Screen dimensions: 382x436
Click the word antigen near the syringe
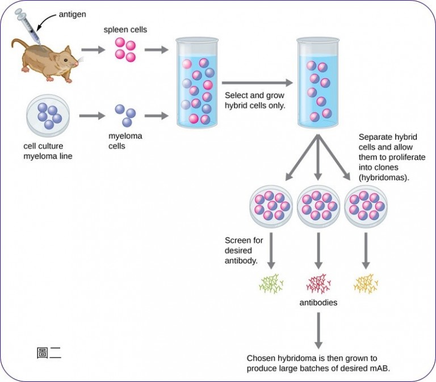pos(72,14)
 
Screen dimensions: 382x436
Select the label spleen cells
pos(125,29)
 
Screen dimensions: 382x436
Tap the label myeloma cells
pos(125,141)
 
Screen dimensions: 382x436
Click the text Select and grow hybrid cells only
pos(254,101)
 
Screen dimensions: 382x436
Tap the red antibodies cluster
pos(318,283)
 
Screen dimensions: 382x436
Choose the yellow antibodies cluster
pos(365,283)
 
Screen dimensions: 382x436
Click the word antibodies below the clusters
pos(318,303)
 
